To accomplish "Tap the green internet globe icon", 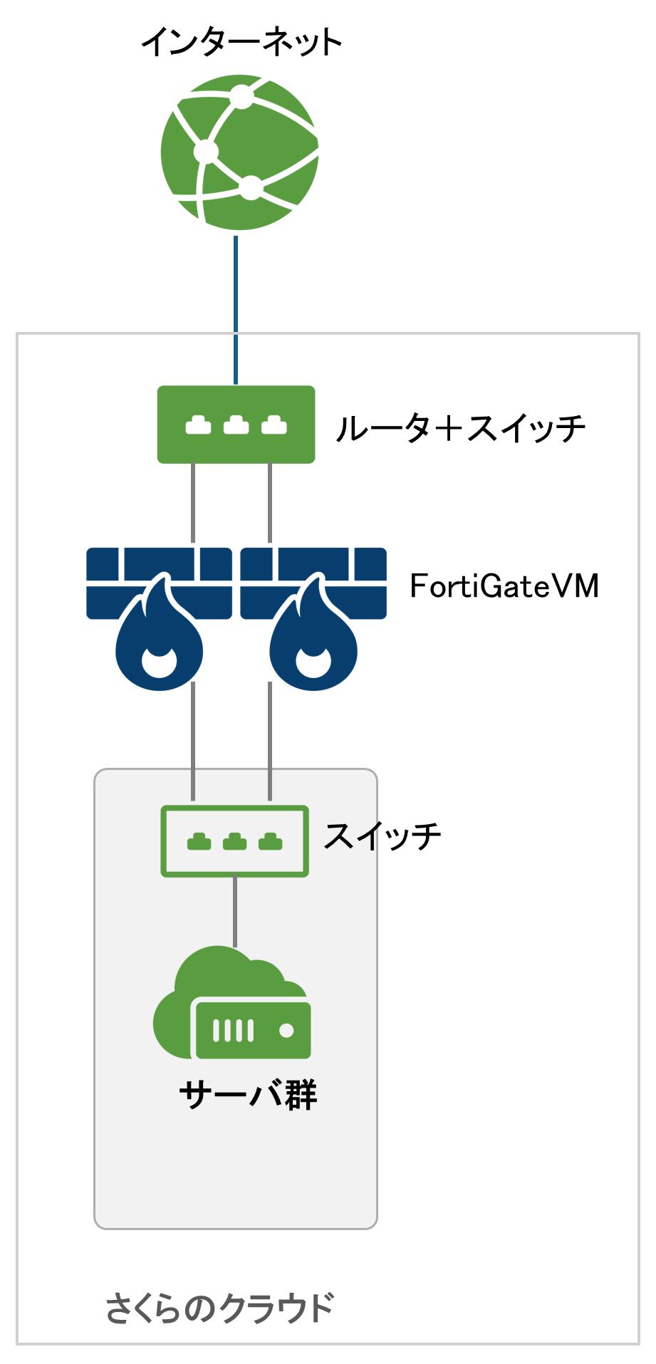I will (239, 153).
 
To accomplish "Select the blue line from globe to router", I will (236, 310).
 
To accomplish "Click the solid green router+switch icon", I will (236, 425).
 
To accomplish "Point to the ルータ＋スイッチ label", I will (460, 428).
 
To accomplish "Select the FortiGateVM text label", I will (504, 586).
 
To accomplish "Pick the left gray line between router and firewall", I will (193, 503).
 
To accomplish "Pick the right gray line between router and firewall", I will (269, 503).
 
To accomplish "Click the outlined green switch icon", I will (234, 841).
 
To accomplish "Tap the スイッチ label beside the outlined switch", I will (382, 835).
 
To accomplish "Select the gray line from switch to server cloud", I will (235, 912).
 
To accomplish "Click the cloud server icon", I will (232, 1004).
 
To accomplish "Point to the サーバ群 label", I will (248, 1095).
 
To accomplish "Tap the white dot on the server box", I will (286, 1031).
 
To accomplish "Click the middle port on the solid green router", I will (236, 426).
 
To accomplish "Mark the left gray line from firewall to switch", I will (193, 741).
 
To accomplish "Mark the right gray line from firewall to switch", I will (269, 741).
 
